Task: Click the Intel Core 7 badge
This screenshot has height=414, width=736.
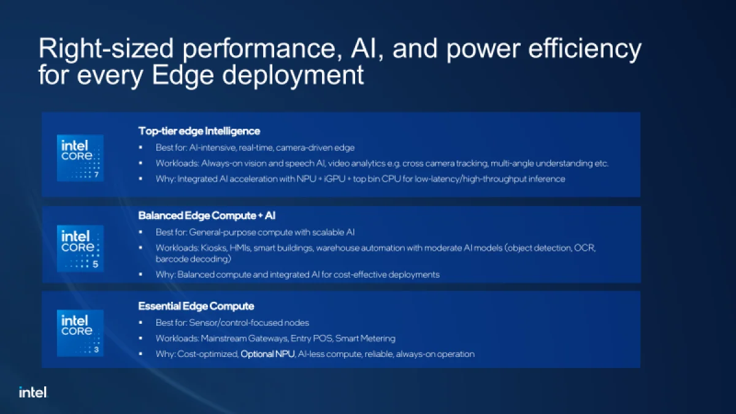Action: click(80, 158)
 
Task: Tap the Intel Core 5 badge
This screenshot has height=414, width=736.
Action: click(80, 248)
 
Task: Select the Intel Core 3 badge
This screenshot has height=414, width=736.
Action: click(80, 333)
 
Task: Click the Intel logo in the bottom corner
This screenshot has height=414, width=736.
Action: click(33, 393)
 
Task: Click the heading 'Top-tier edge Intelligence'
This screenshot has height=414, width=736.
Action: click(199, 131)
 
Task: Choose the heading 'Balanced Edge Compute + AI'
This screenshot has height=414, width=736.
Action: click(207, 215)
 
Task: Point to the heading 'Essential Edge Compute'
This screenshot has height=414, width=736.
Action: click(196, 306)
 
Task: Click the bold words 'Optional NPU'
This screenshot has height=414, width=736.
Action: click(268, 354)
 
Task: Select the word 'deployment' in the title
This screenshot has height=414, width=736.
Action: click(293, 75)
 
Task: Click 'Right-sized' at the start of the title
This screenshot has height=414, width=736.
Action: click(105, 48)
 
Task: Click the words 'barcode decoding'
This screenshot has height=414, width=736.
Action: click(193, 259)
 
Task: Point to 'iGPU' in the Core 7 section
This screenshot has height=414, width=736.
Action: click(334, 178)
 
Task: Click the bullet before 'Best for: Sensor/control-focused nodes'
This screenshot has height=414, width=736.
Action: click(140, 323)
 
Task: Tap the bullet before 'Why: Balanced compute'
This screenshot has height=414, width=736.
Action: click(140, 274)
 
